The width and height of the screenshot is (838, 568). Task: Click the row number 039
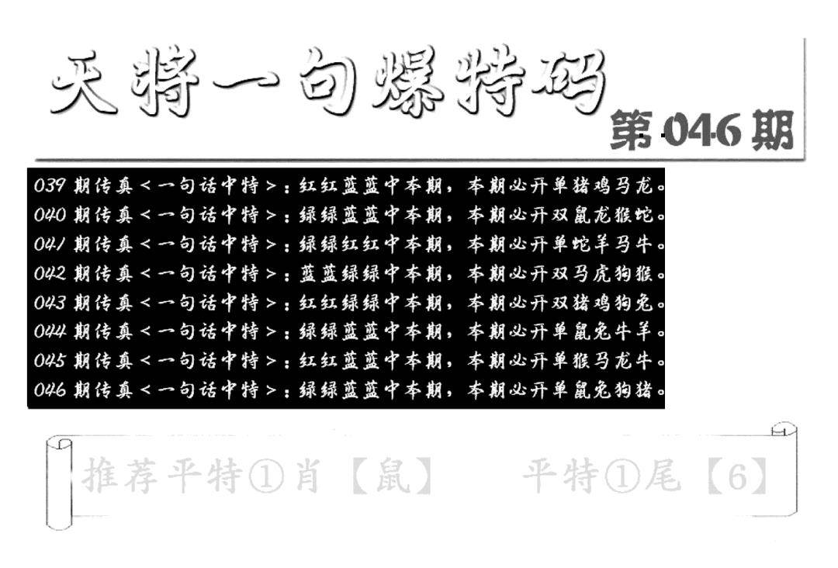[x=50, y=186]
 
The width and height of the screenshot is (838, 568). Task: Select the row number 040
[x=50, y=215]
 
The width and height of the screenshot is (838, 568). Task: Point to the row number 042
[x=50, y=273]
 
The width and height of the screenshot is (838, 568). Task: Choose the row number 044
[x=50, y=331]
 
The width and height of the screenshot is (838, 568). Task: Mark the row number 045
[x=50, y=361]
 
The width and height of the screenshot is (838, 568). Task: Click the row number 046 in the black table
[x=50, y=390]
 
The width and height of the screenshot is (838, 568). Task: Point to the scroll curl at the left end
[x=59, y=481]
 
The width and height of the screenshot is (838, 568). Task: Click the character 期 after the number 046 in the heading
[x=773, y=130]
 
